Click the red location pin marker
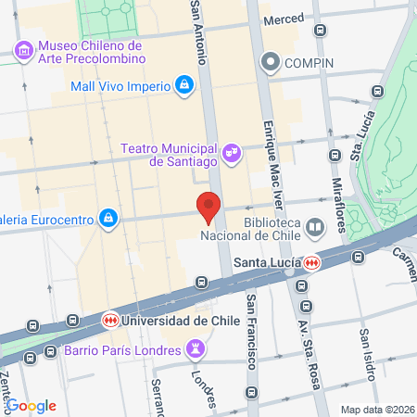(208, 207)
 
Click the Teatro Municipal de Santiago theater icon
(232, 151)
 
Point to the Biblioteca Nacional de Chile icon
(315, 227)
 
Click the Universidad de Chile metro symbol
(109, 320)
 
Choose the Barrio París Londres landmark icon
(195, 349)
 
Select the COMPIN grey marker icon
(271, 63)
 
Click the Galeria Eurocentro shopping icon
(109, 217)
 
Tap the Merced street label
(284, 19)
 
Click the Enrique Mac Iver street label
(271, 158)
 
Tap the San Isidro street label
(368, 353)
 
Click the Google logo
(31, 405)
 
